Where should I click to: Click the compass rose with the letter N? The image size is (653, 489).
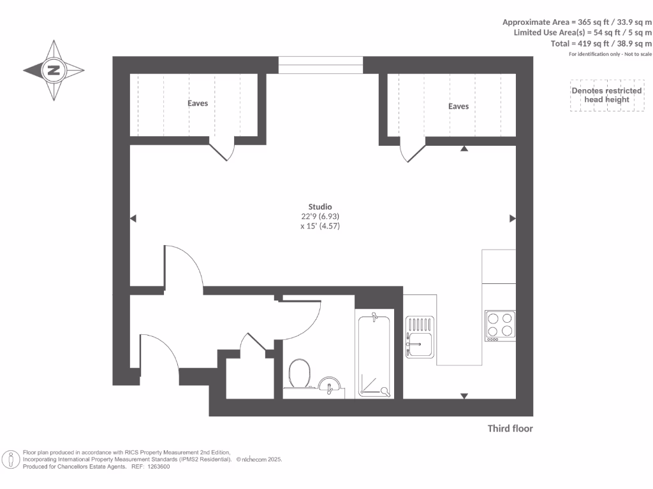(54, 71)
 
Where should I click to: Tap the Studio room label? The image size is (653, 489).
(320, 207)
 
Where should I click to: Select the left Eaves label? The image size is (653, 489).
(198, 103)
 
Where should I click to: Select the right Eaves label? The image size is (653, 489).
(458, 106)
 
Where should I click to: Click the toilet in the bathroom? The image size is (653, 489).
(298, 373)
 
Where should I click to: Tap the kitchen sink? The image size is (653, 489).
(420, 337)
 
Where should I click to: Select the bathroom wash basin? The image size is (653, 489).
(329, 386)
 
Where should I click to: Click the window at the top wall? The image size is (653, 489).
(321, 65)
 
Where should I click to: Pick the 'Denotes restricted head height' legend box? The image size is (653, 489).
(606, 96)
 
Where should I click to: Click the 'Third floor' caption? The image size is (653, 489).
(510, 429)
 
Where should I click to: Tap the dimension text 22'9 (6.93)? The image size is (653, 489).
(319, 216)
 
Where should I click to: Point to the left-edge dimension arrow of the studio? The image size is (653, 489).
(133, 218)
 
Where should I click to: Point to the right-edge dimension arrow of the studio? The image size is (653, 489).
(513, 218)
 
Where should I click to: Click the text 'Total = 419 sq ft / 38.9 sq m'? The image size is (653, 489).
(601, 43)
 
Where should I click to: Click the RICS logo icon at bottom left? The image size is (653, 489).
(11, 459)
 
